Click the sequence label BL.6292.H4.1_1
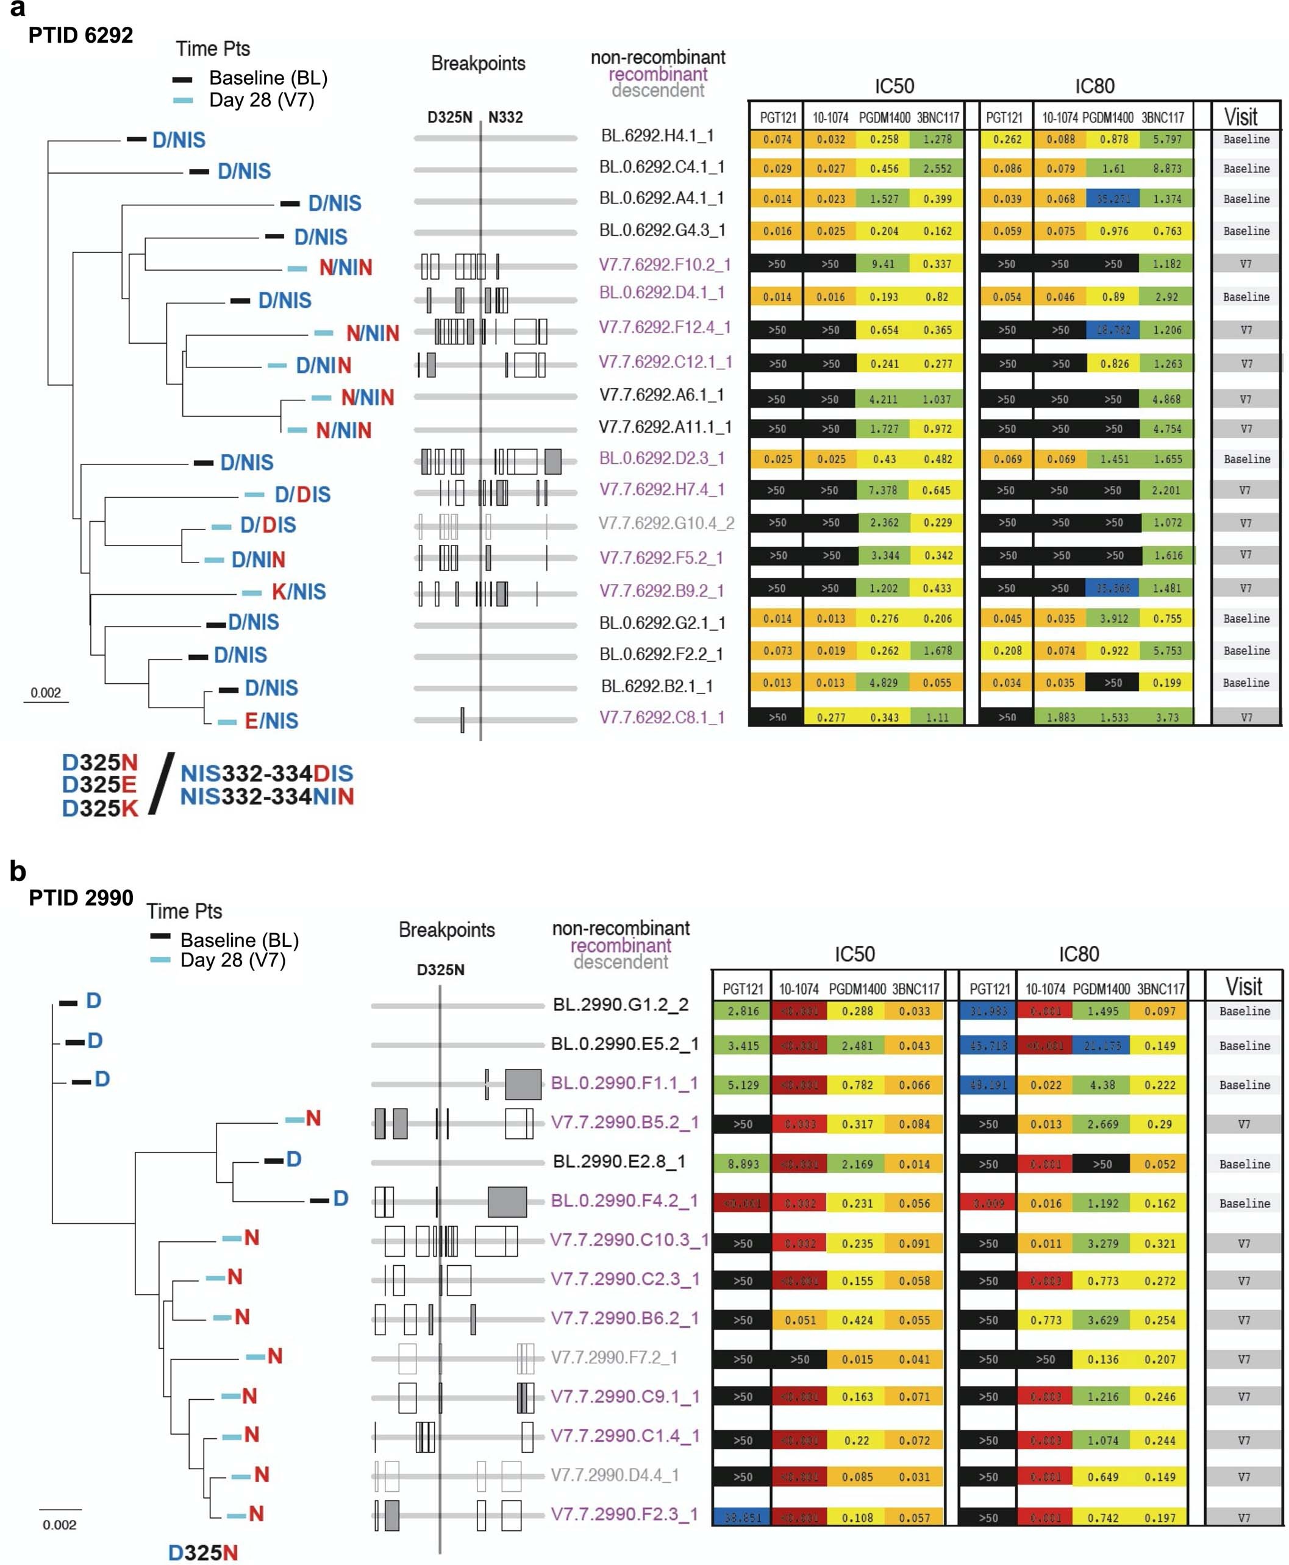[x=657, y=136]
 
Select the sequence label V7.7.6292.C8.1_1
[x=662, y=717]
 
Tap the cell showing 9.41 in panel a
[x=883, y=264]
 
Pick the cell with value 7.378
[x=883, y=491]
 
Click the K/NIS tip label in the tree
[x=299, y=591]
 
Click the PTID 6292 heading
[x=80, y=35]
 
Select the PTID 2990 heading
[x=81, y=897]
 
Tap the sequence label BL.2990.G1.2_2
[x=621, y=1005]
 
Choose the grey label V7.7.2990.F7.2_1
[x=613, y=1357]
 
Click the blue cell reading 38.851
[x=742, y=1517]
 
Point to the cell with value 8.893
[x=742, y=1164]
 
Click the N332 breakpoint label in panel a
[x=505, y=117]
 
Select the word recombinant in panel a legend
[x=658, y=74]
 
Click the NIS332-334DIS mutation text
[x=266, y=773]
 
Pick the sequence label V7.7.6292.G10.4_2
[x=666, y=523]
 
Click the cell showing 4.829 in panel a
[x=883, y=683]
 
